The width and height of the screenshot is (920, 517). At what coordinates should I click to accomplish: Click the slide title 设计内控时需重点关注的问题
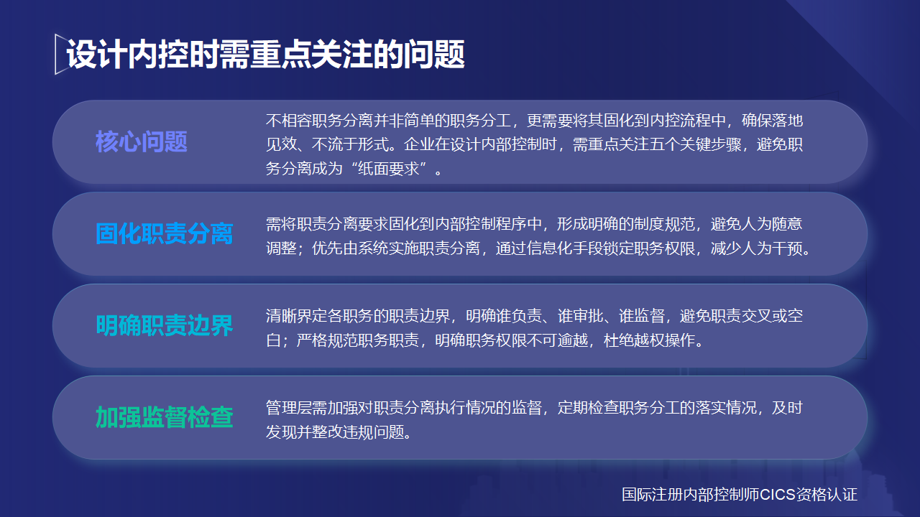(266, 55)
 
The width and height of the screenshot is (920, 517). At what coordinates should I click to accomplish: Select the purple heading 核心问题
(142, 142)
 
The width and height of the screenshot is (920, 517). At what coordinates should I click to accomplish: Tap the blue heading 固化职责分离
(165, 234)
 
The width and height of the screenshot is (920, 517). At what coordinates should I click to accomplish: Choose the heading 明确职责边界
(165, 326)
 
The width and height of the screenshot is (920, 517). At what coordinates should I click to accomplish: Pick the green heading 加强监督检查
(165, 417)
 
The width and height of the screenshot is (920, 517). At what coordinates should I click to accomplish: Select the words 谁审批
(579, 316)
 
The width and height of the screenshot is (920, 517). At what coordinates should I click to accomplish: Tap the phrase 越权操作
(664, 340)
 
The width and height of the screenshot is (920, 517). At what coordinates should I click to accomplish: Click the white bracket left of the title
(58, 54)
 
